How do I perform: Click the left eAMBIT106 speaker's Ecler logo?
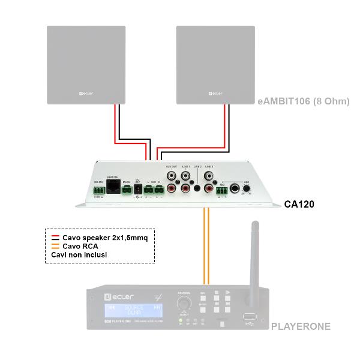coord(89,94)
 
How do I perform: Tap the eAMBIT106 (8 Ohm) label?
coord(303,101)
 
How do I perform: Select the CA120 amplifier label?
coord(299,205)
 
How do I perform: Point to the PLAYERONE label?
coord(301,328)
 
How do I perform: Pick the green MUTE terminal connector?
coord(127,191)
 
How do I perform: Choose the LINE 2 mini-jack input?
coord(197,188)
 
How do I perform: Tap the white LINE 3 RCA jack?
coord(209,177)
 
